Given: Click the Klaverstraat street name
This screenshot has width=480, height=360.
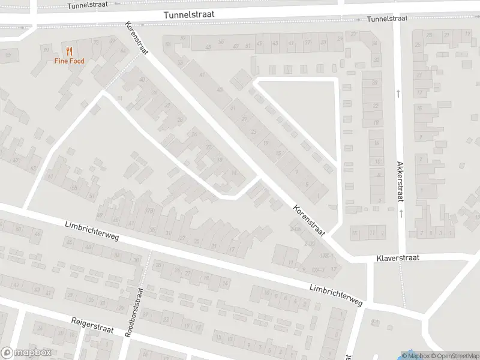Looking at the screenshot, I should click(397, 257).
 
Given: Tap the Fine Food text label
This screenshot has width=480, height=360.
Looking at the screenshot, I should click(70, 61).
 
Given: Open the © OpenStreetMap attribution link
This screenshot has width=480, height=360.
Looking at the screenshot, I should click(454, 356).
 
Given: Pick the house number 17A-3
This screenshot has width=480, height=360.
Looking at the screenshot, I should click(317, 269).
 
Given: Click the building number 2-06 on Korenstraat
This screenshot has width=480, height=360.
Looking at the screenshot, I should click(295, 229).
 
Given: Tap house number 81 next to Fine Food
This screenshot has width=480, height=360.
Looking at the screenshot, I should click(46, 49).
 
